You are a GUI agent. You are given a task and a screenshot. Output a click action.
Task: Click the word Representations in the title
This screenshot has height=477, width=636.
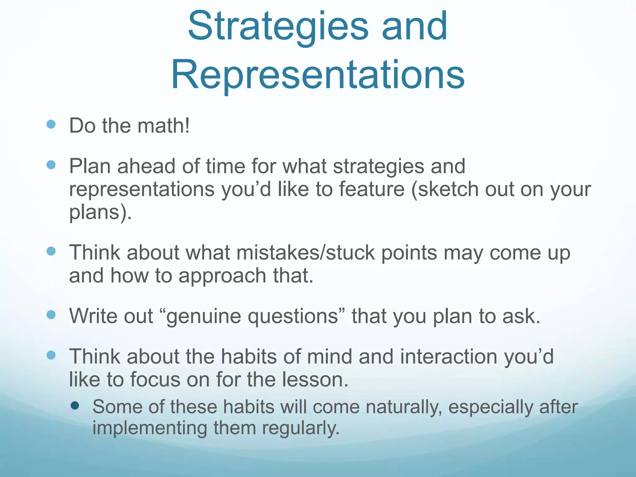(318, 75)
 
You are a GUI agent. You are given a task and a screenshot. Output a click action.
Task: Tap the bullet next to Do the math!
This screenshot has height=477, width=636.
(51, 125)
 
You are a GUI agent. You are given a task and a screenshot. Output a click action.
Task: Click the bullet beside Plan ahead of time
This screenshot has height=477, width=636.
(51, 165)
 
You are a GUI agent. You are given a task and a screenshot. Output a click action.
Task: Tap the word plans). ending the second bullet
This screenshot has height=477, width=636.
(100, 212)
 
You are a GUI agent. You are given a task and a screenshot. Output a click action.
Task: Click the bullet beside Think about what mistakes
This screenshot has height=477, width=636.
(51, 251)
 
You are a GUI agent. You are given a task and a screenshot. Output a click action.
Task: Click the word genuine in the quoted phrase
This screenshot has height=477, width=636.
(204, 316)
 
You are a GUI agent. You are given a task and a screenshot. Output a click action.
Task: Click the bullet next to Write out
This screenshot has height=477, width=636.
(51, 315)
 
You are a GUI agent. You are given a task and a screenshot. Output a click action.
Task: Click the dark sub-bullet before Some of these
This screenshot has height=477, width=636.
(75, 405)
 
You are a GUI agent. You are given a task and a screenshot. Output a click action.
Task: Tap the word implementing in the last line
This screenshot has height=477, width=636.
(150, 428)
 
